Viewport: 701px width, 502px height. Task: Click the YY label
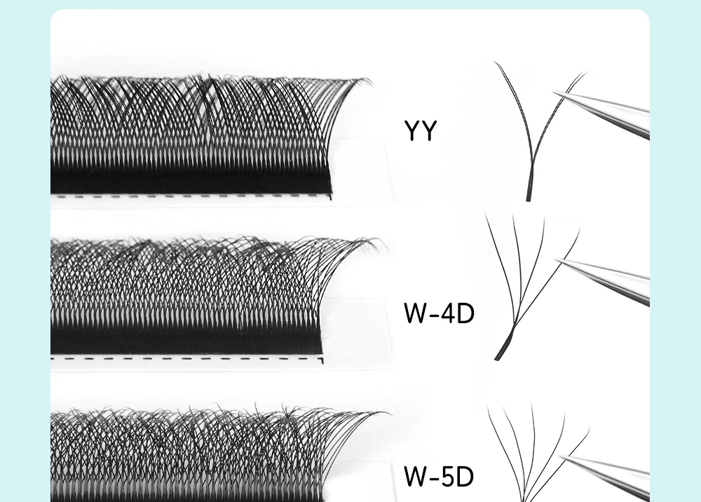click(x=420, y=130)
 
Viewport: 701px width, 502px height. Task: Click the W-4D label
click(x=439, y=313)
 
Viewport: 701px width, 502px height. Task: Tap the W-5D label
click(x=439, y=476)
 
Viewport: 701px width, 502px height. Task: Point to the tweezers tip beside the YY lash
click(x=554, y=92)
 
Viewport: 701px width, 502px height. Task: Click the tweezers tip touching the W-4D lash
click(x=556, y=259)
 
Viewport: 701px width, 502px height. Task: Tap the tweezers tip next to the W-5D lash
click(x=561, y=456)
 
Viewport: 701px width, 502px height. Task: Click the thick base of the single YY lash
click(x=529, y=188)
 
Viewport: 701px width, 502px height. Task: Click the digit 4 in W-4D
click(x=449, y=313)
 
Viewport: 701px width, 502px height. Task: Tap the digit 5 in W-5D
click(x=449, y=477)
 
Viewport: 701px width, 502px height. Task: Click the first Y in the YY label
click(x=412, y=130)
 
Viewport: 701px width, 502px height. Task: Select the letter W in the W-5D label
click(x=415, y=476)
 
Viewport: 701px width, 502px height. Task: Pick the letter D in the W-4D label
click(x=466, y=313)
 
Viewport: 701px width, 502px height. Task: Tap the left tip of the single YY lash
click(x=494, y=62)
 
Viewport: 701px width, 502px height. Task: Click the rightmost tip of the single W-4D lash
click(x=580, y=229)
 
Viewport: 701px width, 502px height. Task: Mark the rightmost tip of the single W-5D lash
click(x=589, y=426)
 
